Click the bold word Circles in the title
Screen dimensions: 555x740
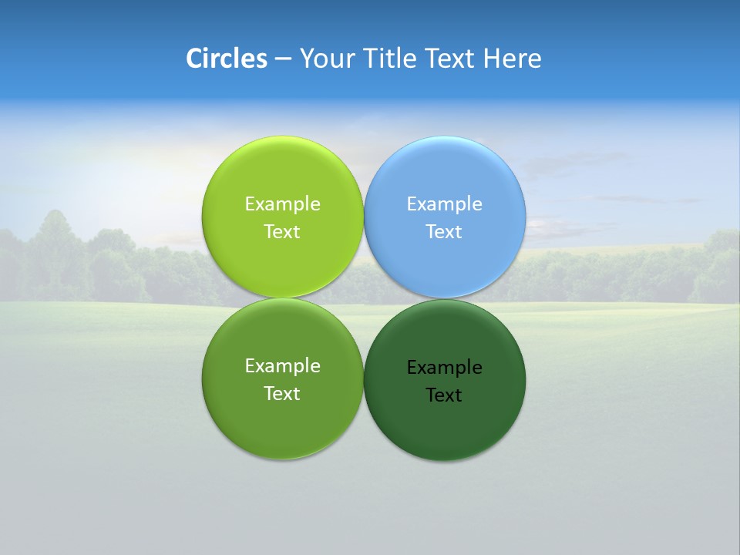[x=226, y=59]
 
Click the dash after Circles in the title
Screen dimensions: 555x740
[x=282, y=59]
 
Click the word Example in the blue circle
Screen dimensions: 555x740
[x=445, y=204]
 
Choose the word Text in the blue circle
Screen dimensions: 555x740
[x=444, y=232]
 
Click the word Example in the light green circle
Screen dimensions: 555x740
[x=283, y=204]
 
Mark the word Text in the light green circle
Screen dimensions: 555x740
[x=282, y=232]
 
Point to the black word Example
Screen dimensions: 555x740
[x=445, y=368]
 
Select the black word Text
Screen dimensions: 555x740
[x=444, y=395]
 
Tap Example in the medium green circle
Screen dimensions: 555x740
[x=283, y=366]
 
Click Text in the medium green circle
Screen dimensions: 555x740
[x=282, y=394]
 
